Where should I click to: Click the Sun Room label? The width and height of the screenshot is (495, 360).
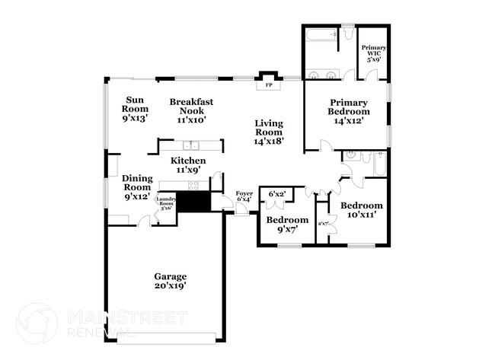point(135,108)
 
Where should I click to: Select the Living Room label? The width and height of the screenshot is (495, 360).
point(268,131)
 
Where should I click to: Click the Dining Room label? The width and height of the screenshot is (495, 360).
point(137,186)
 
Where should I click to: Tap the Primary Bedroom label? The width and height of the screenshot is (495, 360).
point(348,111)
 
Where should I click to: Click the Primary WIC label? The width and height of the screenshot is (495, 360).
point(373,52)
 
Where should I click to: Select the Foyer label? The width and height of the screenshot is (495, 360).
point(244,196)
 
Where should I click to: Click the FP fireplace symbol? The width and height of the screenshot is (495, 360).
point(268,85)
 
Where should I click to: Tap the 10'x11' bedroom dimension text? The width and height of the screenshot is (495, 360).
point(362,216)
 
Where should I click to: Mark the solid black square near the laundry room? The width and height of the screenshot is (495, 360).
point(193,202)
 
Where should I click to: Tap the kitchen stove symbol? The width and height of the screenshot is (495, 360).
point(193,185)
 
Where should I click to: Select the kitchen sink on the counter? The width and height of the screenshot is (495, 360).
point(191,145)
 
